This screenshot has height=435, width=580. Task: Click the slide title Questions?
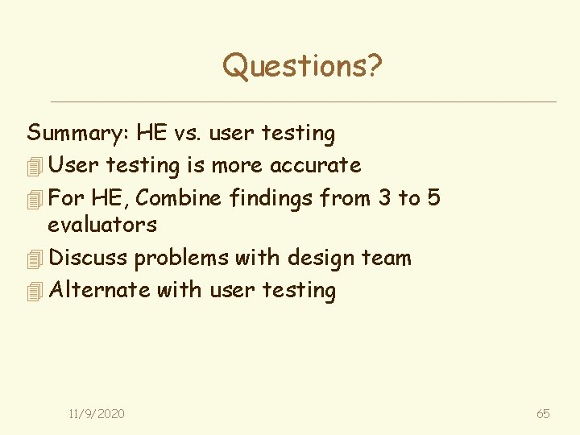coord(302,66)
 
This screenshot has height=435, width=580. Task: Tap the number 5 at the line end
coord(434,197)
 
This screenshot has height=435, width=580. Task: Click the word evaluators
coord(102,225)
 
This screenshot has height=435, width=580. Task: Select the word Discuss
coord(89,258)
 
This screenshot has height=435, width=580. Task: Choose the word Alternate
coord(100,289)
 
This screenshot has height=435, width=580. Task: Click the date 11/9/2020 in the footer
coord(97,413)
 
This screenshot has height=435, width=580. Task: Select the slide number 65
coord(543,413)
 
